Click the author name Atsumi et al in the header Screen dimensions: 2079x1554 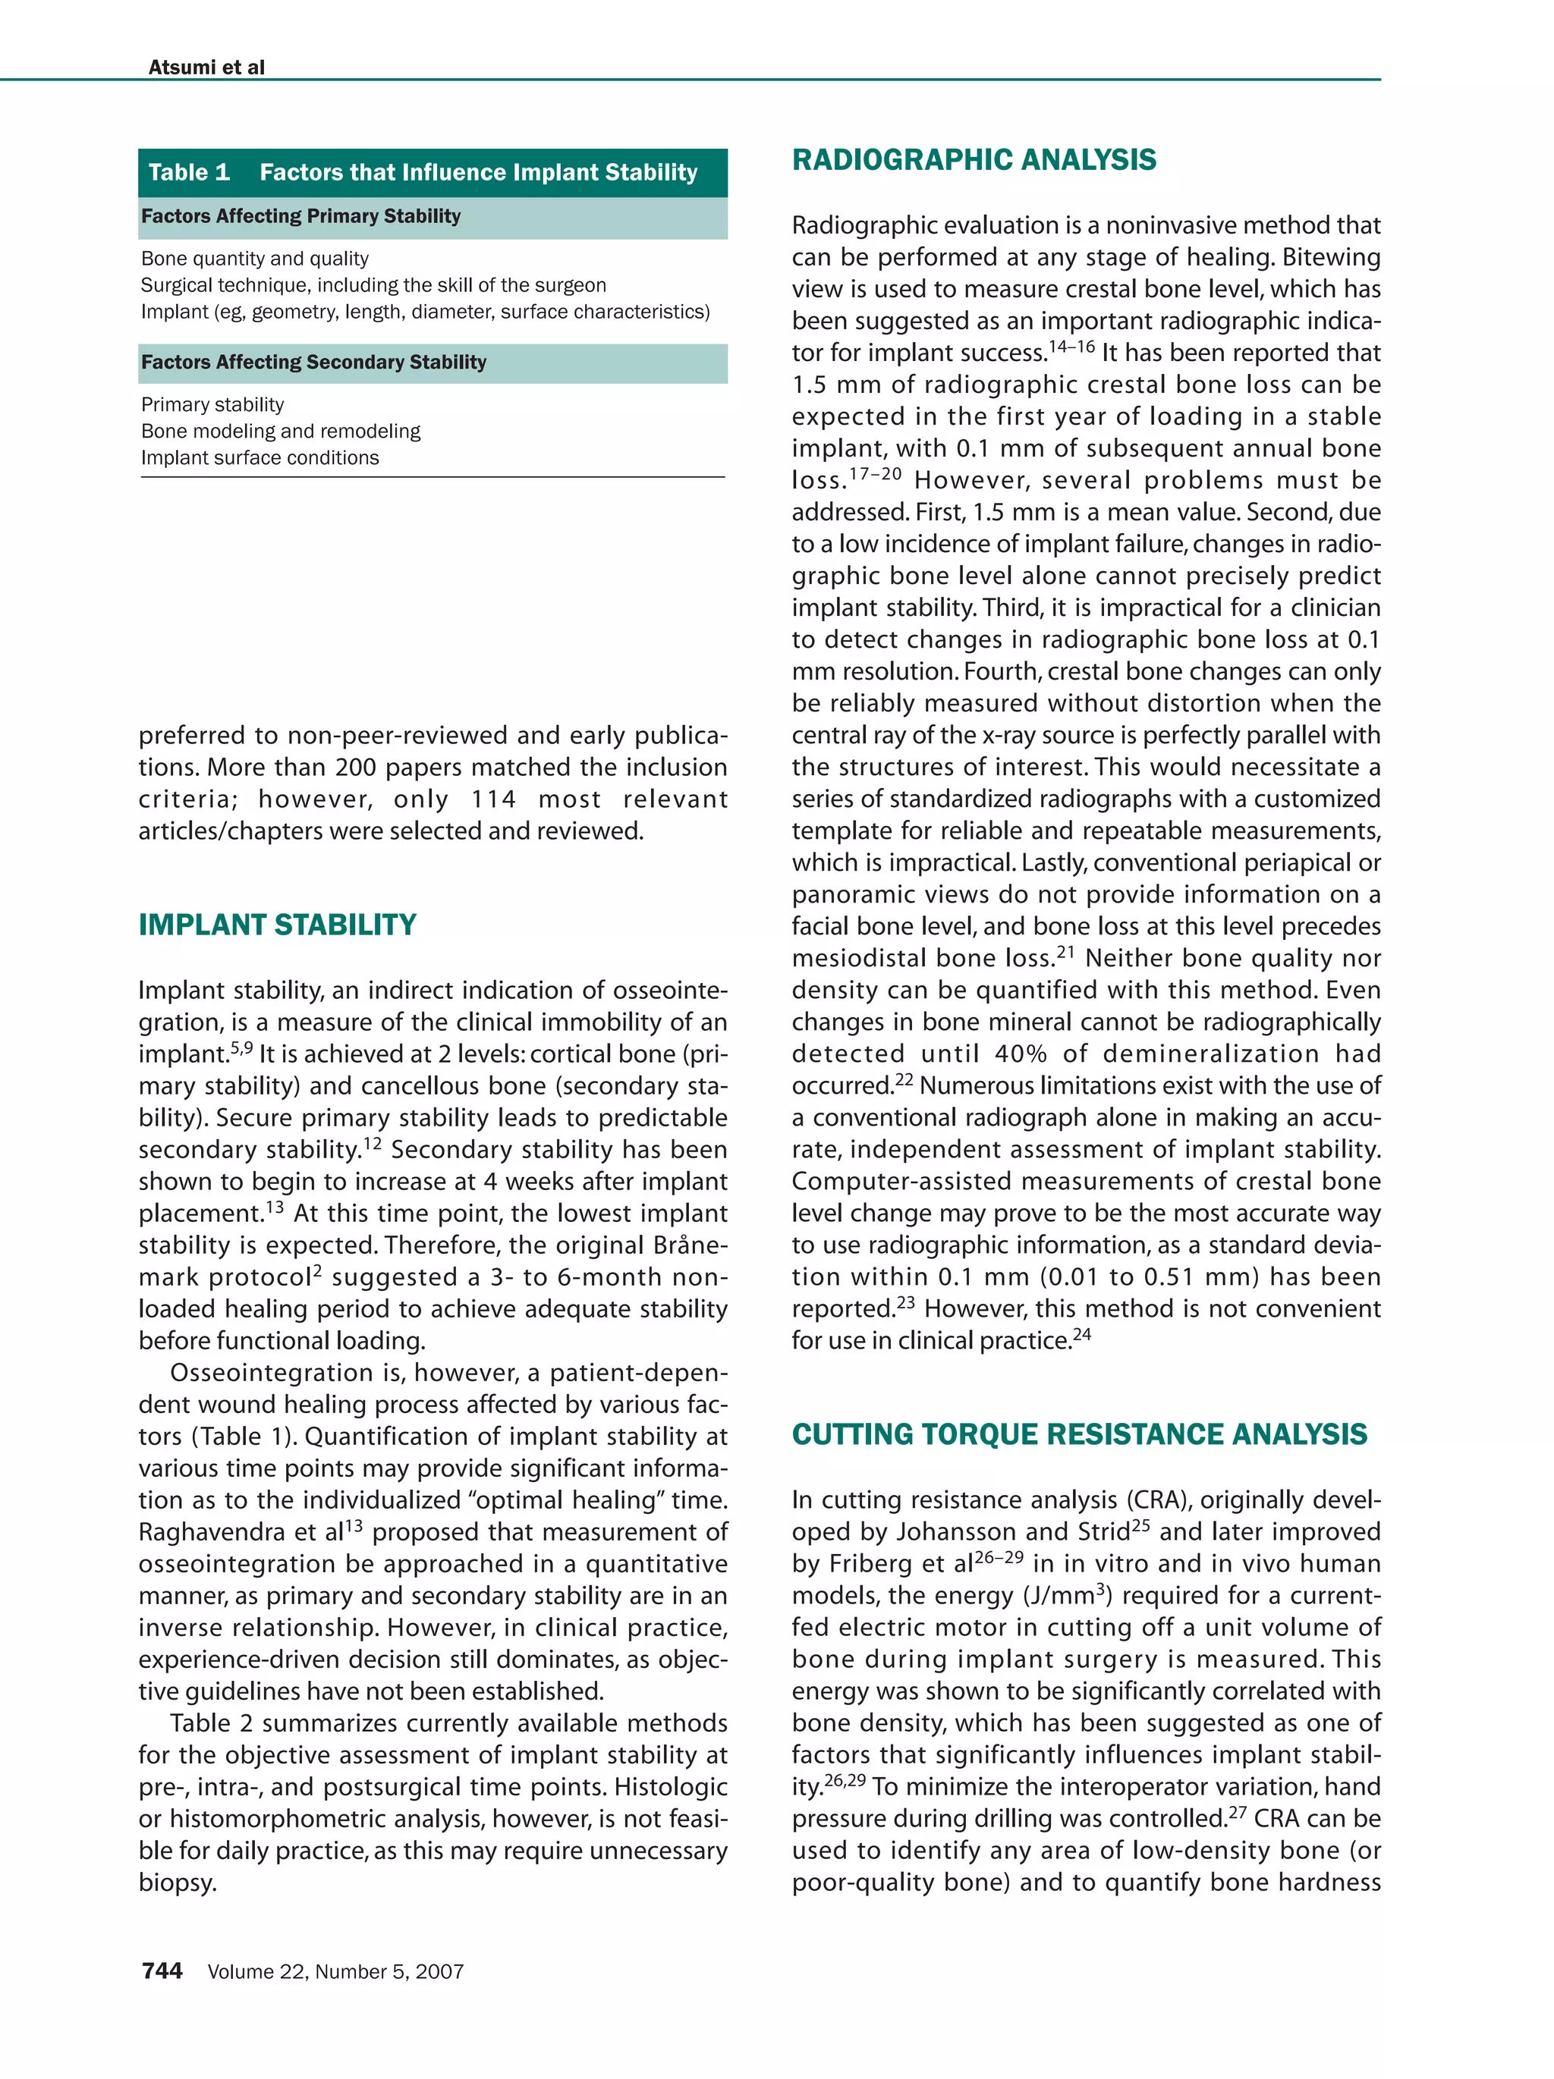pyautogui.click(x=206, y=67)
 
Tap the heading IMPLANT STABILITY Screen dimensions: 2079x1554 pyautogui.click(x=277, y=924)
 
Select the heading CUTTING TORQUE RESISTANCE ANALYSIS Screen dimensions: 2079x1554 pyautogui.click(x=1078, y=1434)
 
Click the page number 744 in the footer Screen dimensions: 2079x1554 pyautogui.click(x=162, y=1971)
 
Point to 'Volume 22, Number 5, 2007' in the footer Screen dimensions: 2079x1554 pyautogui.click(x=335, y=1972)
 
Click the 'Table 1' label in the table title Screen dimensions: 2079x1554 pyautogui.click(x=189, y=172)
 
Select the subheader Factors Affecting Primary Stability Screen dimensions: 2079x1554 pyautogui.click(x=300, y=216)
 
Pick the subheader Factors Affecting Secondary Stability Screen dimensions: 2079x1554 pyautogui.click(x=313, y=362)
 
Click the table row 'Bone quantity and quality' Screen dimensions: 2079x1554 pyautogui.click(x=254, y=259)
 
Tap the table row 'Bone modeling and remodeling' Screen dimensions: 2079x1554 pyautogui.click(x=280, y=432)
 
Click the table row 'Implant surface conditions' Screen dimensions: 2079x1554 pyautogui.click(x=260, y=457)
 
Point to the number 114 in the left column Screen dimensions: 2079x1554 pyautogui.click(x=493, y=799)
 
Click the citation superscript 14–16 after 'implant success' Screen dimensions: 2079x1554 pyautogui.click(x=1071, y=347)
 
